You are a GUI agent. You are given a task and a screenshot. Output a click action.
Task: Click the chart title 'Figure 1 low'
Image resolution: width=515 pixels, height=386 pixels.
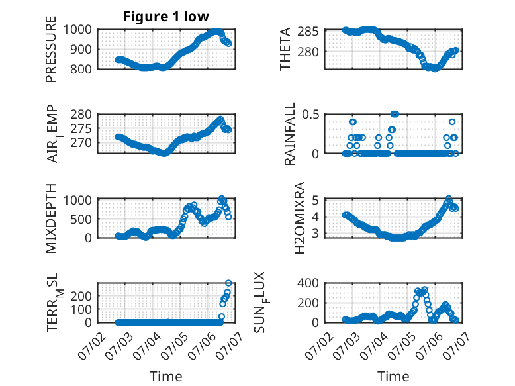(166, 17)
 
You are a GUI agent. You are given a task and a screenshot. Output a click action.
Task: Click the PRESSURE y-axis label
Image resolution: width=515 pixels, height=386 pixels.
(51, 49)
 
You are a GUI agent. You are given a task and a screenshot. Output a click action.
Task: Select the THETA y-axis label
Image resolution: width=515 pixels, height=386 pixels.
(285, 49)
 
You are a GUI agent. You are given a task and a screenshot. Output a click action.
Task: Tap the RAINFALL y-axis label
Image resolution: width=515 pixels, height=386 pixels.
(290, 134)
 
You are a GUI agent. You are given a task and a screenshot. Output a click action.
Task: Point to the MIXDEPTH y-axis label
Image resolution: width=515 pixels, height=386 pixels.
(51, 218)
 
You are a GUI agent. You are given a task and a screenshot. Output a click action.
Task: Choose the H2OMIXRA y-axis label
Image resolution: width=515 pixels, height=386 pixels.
(300, 218)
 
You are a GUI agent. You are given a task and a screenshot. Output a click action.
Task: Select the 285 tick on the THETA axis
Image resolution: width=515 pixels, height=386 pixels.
(308, 32)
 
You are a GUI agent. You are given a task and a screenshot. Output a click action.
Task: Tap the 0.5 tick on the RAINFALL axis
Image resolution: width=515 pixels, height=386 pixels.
(310, 115)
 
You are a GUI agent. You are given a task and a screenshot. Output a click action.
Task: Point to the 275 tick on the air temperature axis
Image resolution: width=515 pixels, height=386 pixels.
(81, 128)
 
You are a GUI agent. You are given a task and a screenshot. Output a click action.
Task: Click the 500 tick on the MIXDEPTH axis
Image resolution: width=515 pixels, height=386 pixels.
(81, 218)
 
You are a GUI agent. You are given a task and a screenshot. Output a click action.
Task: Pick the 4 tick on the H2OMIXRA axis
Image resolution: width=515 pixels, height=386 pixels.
(315, 217)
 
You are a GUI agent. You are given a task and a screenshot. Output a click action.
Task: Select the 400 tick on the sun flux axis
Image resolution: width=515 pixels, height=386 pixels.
(308, 283)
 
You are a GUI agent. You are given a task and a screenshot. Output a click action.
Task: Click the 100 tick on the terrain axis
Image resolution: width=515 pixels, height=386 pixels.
(81, 309)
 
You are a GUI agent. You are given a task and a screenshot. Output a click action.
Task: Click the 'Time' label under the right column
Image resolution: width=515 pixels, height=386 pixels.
(393, 376)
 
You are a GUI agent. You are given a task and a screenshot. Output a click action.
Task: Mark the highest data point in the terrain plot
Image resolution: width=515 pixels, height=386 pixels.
(228, 283)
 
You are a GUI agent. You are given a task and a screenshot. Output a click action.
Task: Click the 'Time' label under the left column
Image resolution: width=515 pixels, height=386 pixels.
(166, 376)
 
